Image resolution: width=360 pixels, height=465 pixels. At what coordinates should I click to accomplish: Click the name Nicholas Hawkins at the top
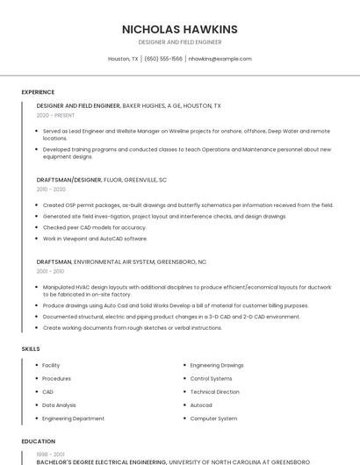[180, 29]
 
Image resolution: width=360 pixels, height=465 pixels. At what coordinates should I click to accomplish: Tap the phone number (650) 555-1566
[163, 59]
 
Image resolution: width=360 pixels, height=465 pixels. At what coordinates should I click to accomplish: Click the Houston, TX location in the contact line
[123, 59]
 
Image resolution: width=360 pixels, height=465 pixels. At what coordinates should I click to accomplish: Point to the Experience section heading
[38, 92]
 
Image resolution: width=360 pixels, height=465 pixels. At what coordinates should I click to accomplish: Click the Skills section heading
[31, 348]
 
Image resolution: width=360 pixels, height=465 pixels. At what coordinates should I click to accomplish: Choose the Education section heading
[38, 441]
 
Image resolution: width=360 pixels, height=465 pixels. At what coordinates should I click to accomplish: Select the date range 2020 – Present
[55, 115]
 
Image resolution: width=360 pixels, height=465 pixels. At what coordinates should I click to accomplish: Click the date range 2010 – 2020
[51, 189]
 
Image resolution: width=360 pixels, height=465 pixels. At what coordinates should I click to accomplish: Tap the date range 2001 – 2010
[51, 271]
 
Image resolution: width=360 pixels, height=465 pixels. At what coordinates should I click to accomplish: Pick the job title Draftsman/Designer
[69, 179]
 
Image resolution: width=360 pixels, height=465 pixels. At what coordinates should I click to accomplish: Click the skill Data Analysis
[60, 405]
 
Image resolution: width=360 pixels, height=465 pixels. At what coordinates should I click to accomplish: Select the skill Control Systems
[212, 378]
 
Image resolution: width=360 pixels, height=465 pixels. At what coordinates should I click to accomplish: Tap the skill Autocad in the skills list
[201, 405]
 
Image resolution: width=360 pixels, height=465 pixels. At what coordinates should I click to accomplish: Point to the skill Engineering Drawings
[217, 365]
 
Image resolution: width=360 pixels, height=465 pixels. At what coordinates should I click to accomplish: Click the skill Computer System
[213, 418]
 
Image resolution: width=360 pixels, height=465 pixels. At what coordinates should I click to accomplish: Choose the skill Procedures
[56, 378]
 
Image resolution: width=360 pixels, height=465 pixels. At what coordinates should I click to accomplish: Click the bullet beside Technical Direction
[184, 392]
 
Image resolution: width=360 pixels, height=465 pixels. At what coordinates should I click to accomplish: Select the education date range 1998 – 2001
[50, 454]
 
